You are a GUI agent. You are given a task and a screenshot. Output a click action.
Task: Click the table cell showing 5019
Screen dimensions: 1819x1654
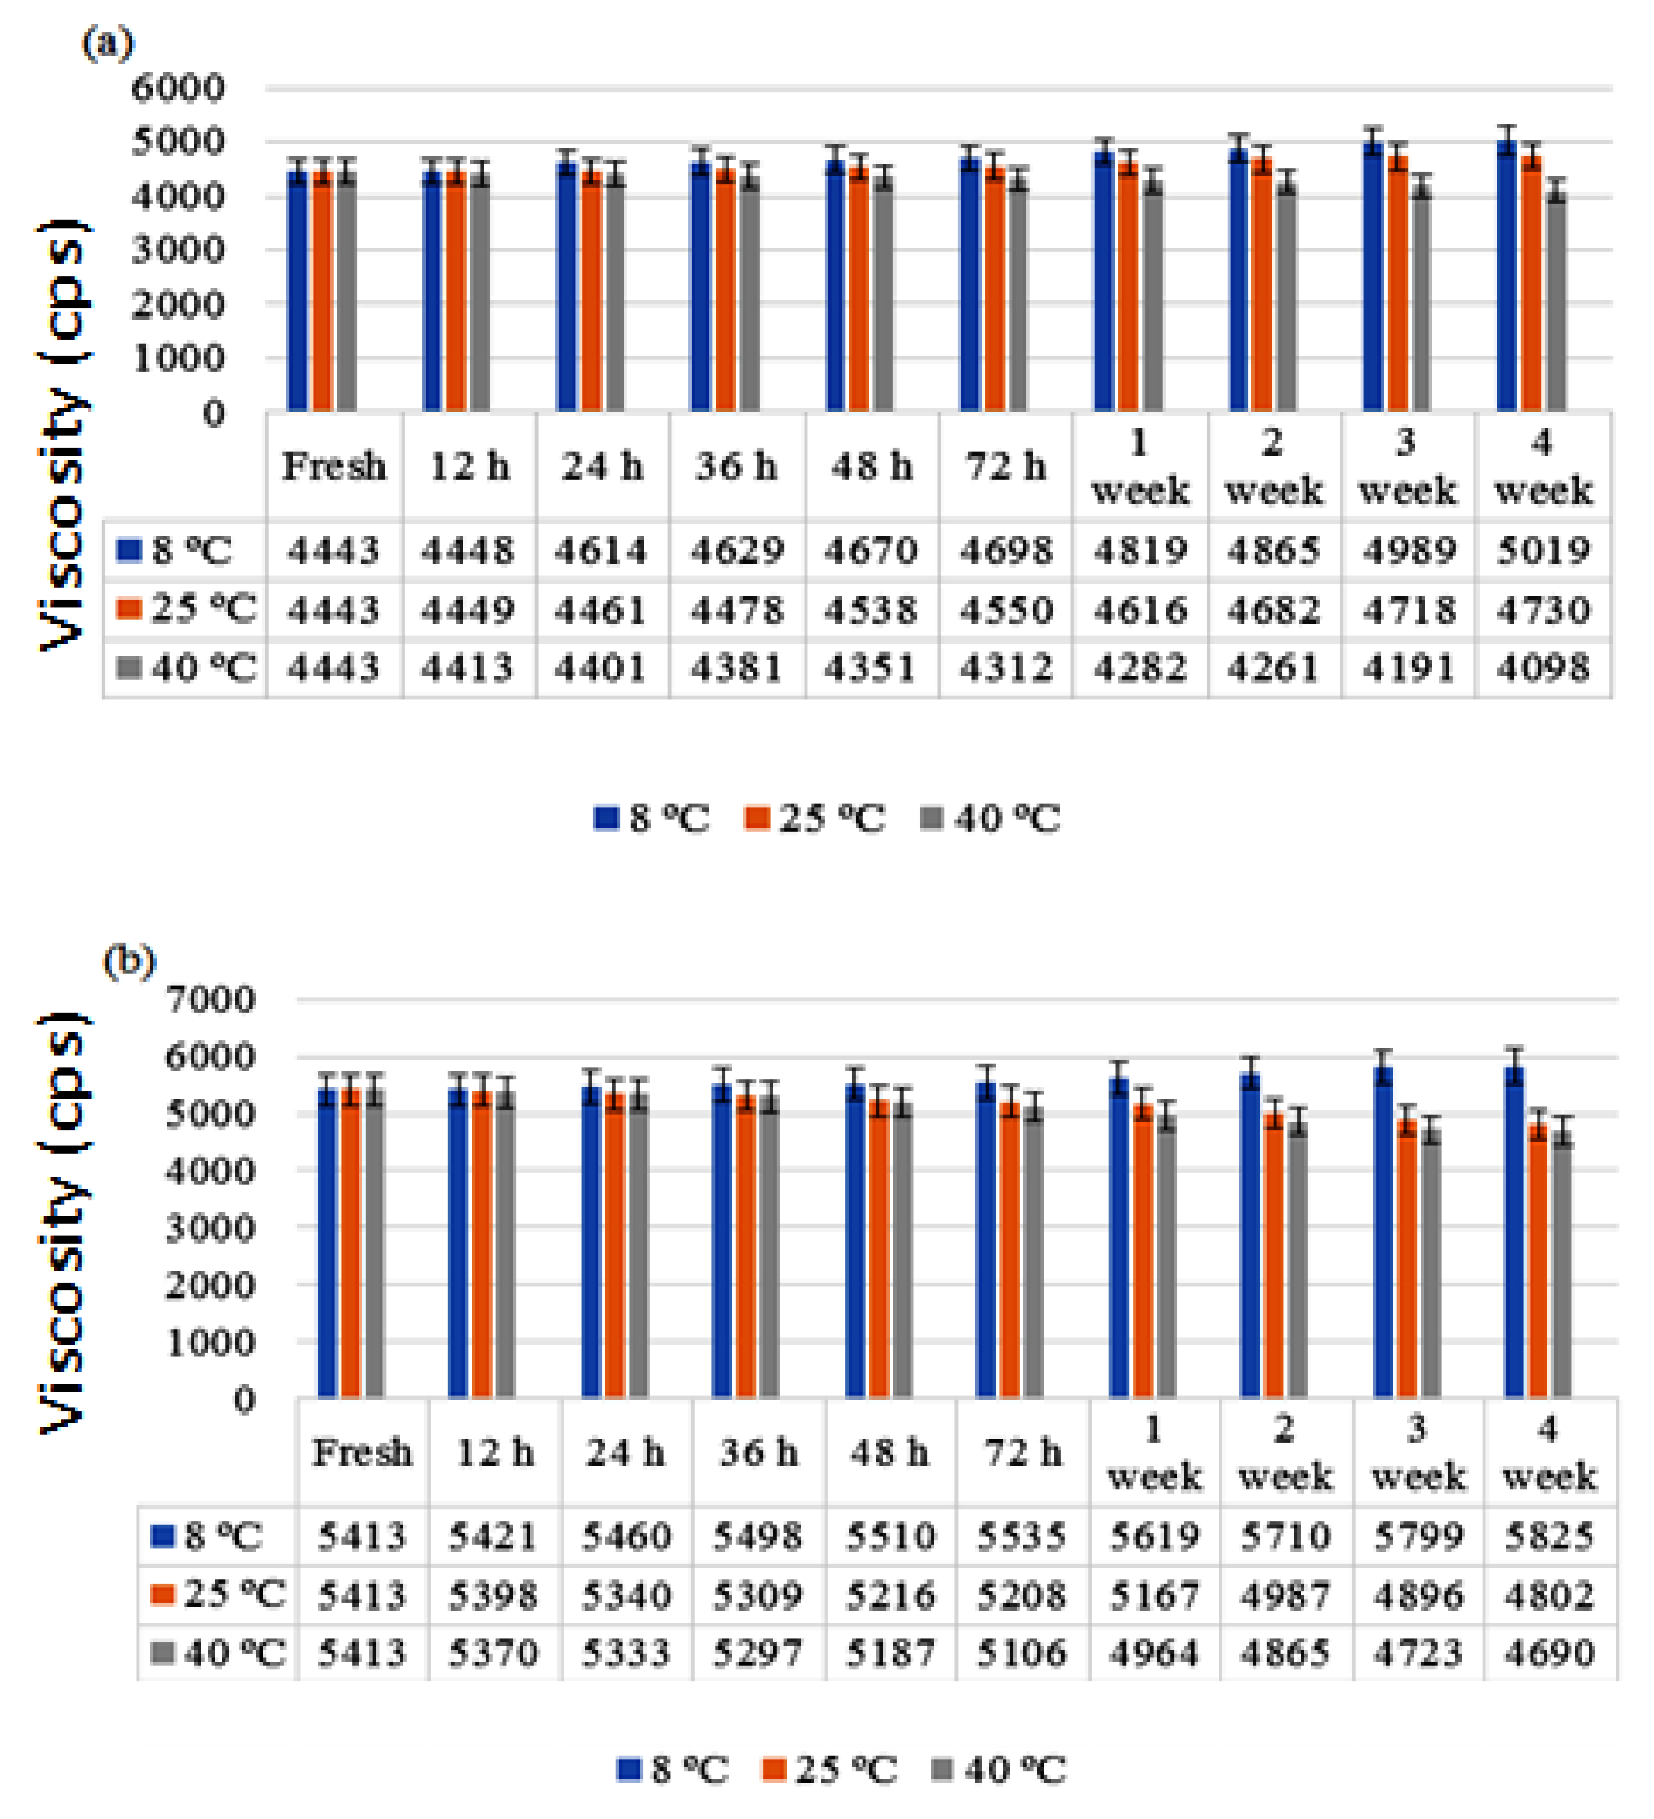pyautogui.click(x=1543, y=550)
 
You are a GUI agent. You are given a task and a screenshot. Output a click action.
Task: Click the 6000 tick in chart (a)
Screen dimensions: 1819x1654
pyautogui.click(x=178, y=88)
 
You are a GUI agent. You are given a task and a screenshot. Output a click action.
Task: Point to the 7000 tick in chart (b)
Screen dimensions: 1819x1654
pyautogui.click(x=209, y=1000)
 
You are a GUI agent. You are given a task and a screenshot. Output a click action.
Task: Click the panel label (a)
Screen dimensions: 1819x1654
pyautogui.click(x=107, y=42)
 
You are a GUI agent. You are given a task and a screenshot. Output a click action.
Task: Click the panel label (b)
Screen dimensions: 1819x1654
pyautogui.click(x=129, y=961)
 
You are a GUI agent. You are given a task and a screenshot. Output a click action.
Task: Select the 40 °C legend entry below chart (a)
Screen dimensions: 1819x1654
pyautogui.click(x=991, y=819)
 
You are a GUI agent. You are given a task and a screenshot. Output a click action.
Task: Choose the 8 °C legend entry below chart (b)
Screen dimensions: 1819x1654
pyautogui.click(x=673, y=1770)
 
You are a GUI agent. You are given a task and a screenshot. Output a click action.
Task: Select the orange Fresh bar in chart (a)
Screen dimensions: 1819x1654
pyautogui.click(x=322, y=293)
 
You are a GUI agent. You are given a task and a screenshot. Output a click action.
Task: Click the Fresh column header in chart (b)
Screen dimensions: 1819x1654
pyautogui.click(x=362, y=1453)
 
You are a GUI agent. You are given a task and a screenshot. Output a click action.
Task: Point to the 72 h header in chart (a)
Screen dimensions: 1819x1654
pyautogui.click(x=1005, y=467)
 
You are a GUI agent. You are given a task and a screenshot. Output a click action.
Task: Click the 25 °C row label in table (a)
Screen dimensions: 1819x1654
pyautogui.click(x=187, y=609)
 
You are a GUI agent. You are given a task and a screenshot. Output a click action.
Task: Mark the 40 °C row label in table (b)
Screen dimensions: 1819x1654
pyautogui.click(x=217, y=1654)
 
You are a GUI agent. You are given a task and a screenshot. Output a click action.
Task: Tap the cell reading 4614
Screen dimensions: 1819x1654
pyautogui.click(x=601, y=550)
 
